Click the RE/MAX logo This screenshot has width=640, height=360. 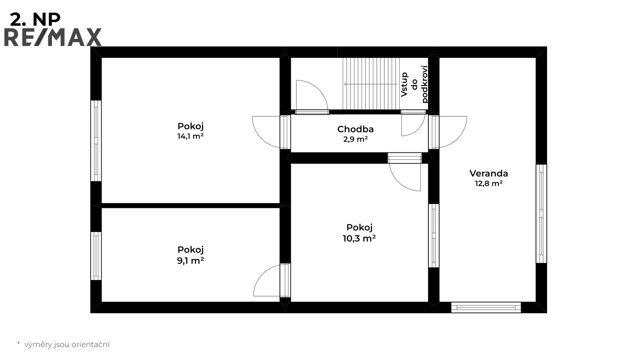53,37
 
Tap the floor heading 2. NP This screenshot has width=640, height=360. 35,20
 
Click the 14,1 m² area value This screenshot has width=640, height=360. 190,136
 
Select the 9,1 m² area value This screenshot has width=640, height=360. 190,260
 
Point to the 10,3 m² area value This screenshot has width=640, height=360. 359,238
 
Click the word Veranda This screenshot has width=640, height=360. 488,174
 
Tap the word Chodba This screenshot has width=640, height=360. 356,129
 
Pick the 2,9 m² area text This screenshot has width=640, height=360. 356,139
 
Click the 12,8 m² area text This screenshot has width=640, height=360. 488,184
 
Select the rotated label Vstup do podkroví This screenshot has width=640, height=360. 414,84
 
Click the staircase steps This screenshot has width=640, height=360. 371,84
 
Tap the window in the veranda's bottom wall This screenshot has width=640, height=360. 486,308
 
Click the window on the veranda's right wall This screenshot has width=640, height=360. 541,214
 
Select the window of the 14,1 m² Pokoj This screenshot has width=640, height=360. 96,140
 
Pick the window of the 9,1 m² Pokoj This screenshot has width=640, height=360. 96,256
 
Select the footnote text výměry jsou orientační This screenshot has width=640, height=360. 66,344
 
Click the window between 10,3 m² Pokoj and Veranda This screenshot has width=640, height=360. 434,236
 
